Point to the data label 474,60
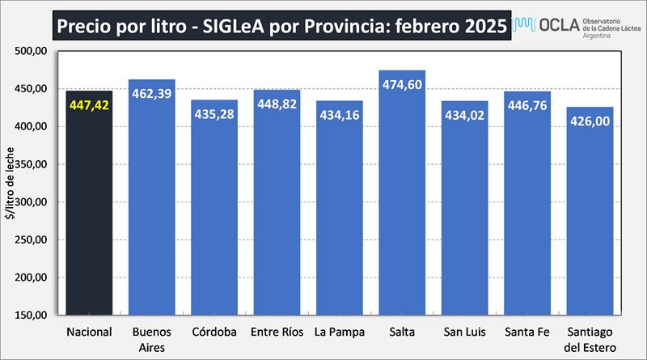coord(402,84)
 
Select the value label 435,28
coord(214,114)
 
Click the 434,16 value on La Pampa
coord(340,114)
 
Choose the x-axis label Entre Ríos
coord(277,332)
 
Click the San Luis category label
coord(464,332)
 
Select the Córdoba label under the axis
coord(214,332)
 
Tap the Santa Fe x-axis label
coord(527,332)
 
